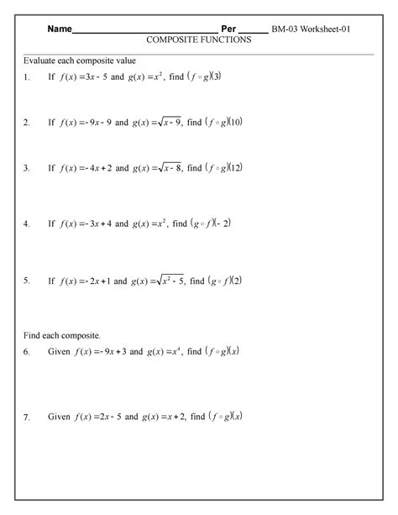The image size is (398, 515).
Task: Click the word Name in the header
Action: (x=59, y=29)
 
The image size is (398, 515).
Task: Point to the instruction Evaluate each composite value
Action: (x=80, y=62)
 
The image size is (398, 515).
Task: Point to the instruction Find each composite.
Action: (x=62, y=334)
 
